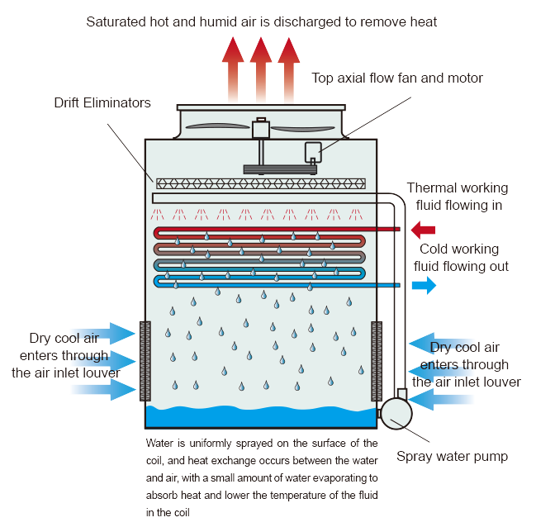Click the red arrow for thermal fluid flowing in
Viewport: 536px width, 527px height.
(423, 230)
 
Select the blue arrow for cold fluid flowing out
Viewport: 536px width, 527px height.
(424, 285)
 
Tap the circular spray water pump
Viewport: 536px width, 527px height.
(396, 414)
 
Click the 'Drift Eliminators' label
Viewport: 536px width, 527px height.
(102, 102)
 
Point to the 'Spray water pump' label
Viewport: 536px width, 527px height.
(452, 457)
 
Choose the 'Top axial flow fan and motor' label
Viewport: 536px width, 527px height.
(397, 78)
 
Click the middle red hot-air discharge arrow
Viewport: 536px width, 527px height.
(261, 69)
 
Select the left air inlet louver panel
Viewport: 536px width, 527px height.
(145, 361)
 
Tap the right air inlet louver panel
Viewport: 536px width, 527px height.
(377, 361)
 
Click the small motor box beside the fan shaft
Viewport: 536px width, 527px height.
(313, 152)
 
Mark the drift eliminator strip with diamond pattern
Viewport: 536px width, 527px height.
(261, 183)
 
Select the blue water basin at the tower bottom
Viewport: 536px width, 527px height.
(261, 416)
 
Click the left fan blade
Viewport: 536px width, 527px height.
(218, 126)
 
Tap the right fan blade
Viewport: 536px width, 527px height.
(302, 129)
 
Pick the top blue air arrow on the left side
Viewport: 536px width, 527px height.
(102, 333)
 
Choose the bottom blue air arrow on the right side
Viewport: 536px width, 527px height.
(441, 399)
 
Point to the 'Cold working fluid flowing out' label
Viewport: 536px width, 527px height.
(461, 258)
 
